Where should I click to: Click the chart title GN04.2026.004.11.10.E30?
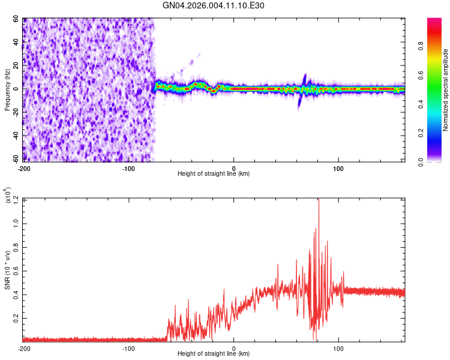click(x=214, y=5)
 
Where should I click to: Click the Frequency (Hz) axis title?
click(x=7, y=90)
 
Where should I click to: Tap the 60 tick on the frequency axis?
click(x=16, y=19)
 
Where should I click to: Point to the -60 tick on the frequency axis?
click(x=15, y=160)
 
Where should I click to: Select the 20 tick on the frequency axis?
click(x=16, y=66)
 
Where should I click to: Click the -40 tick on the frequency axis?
click(x=15, y=136)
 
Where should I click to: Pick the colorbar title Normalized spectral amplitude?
click(x=446, y=90)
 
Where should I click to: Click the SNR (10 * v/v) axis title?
click(x=7, y=270)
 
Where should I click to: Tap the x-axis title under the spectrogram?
click(x=214, y=174)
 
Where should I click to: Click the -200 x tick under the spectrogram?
click(x=24, y=167)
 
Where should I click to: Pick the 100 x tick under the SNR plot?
click(x=338, y=348)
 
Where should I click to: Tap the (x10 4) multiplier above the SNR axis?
click(x=8, y=196)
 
